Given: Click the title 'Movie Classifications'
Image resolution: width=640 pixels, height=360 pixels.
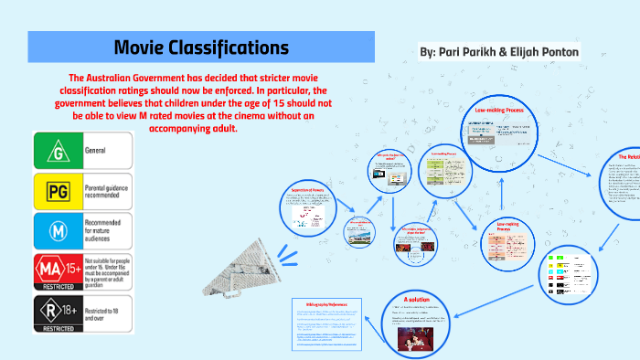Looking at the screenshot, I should click(201, 48).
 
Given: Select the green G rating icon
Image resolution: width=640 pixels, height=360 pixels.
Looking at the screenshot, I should click(58, 150).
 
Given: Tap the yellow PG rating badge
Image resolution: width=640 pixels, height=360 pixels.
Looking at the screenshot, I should click(58, 190).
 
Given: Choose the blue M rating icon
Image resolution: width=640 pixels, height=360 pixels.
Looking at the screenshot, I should click(58, 231).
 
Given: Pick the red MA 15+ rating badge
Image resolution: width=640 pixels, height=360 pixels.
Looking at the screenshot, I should click(58, 271).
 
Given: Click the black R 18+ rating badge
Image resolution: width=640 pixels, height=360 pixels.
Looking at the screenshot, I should click(58, 312).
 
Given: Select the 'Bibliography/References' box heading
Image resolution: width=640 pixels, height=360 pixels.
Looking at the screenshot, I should click(322, 303).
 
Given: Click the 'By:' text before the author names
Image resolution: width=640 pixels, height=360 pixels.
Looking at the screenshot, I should click(428, 53).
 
